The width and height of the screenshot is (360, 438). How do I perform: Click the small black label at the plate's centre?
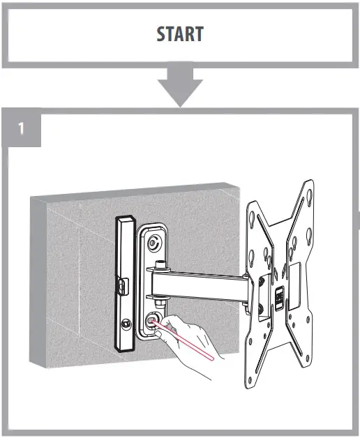point(278,298)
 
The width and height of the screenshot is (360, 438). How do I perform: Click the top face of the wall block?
point(140,190)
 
